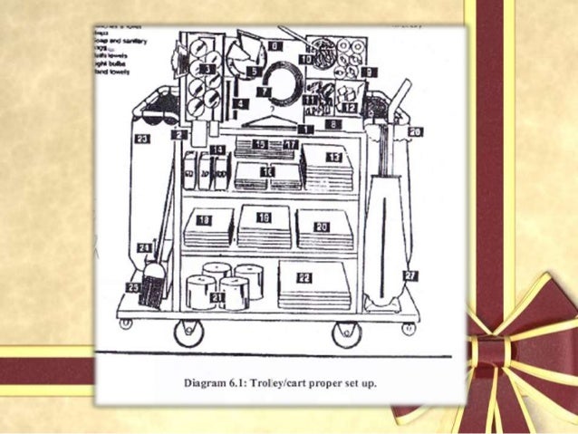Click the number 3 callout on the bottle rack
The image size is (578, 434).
[x=209, y=68]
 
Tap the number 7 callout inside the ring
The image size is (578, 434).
[x=264, y=91]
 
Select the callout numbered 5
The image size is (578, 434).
[x=255, y=71]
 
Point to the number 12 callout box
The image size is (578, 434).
[x=350, y=107]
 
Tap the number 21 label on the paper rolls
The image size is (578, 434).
[x=217, y=296]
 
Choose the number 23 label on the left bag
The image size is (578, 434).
[x=142, y=139]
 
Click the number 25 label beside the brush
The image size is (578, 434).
[x=132, y=287]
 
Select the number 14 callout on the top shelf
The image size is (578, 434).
[x=217, y=149]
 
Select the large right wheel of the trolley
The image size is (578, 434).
[x=346, y=333]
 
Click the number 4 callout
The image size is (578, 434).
[x=239, y=105]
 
